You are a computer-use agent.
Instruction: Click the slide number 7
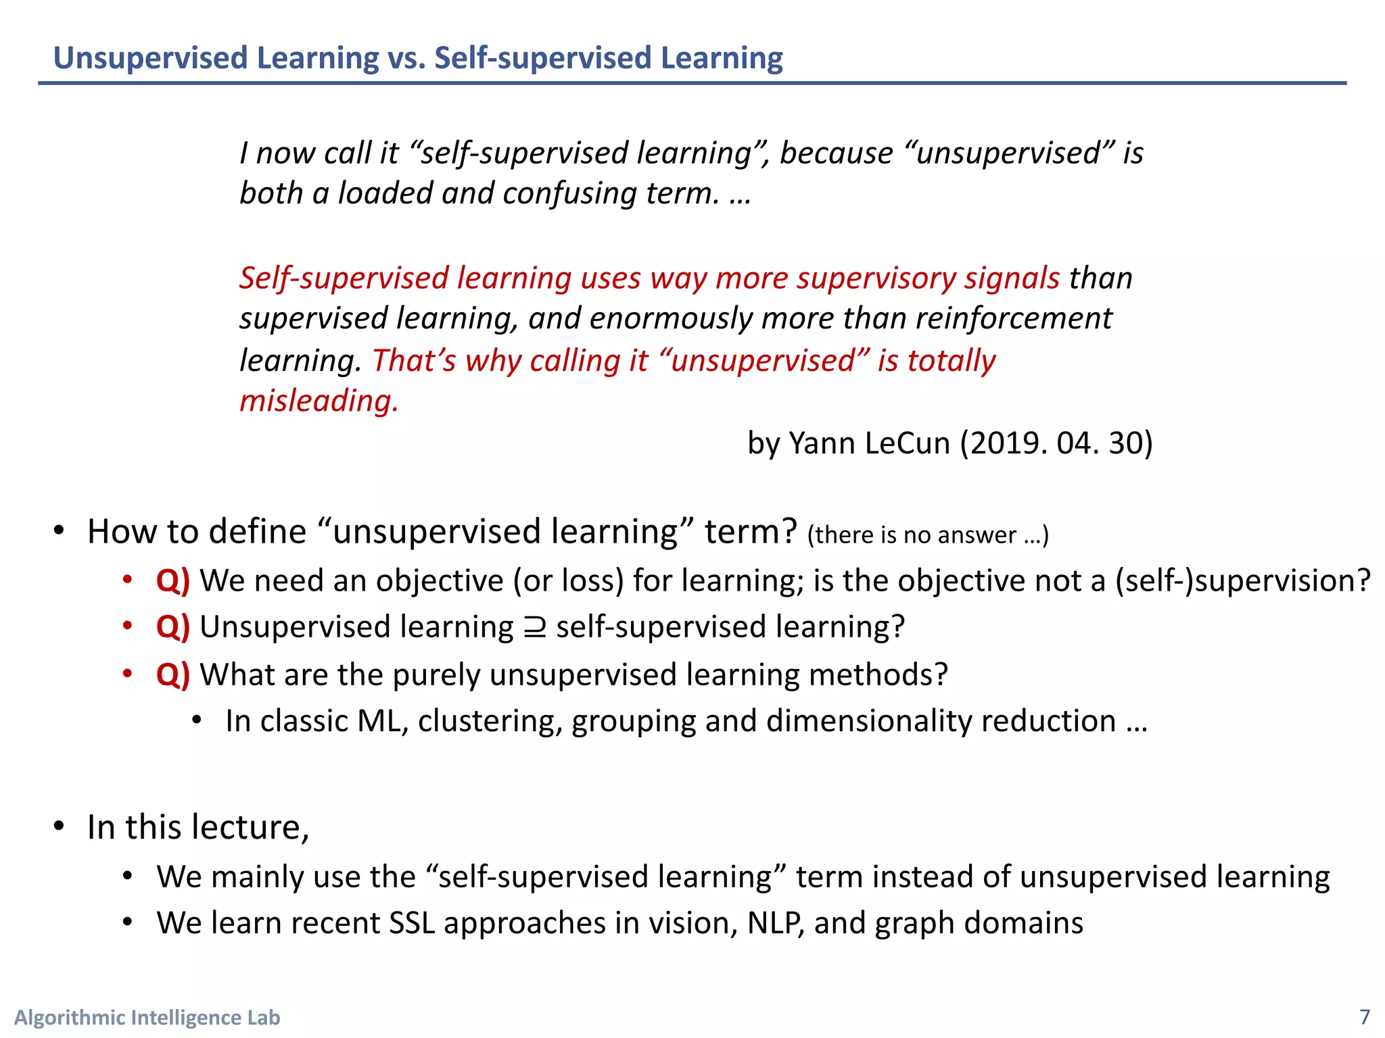[1365, 1016]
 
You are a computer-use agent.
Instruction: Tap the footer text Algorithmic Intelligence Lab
[147, 1017]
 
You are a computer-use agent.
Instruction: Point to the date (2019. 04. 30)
[1056, 443]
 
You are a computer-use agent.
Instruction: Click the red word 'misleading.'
[319, 401]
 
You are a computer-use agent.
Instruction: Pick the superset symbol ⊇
[534, 628]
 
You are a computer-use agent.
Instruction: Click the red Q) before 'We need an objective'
[172, 581]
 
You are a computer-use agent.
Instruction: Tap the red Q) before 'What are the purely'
[172, 674]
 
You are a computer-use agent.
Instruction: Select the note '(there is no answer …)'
[927, 535]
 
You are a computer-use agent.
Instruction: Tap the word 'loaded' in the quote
[385, 193]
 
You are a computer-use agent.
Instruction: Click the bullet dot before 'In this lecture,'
[59, 826]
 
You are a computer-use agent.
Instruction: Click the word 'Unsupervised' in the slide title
[149, 58]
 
